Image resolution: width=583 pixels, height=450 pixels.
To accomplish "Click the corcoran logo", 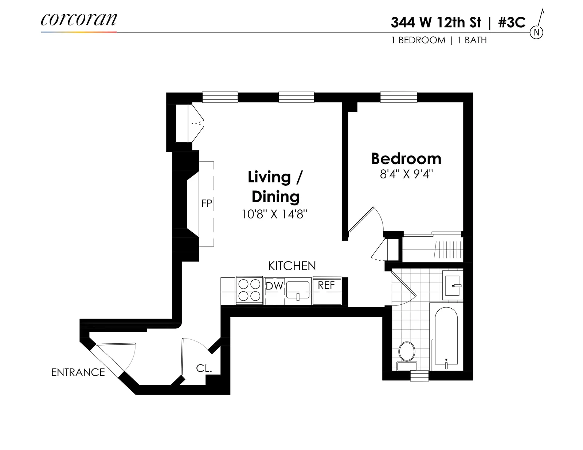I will click(x=79, y=20).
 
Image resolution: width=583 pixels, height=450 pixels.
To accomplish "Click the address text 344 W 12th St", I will click(x=436, y=23).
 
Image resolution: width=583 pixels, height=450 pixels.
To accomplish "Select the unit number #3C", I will click(x=512, y=23).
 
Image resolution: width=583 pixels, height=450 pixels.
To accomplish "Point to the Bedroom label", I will click(x=406, y=159).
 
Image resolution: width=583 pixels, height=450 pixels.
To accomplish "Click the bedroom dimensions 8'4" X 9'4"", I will click(x=406, y=174).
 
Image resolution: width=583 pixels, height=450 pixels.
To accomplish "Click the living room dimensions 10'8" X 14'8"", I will click(x=274, y=214).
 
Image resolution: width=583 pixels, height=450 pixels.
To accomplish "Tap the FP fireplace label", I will click(x=207, y=203).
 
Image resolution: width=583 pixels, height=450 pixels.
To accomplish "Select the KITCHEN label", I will click(x=292, y=266).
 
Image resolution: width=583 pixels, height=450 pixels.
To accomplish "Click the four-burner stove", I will click(x=249, y=291).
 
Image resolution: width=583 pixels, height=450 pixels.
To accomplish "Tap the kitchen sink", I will click(x=298, y=291).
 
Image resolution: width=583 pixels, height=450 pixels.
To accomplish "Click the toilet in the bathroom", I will click(x=407, y=353).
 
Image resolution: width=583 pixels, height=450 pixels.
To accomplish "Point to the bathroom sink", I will click(x=453, y=285).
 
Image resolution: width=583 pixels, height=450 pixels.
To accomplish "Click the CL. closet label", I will click(x=204, y=368).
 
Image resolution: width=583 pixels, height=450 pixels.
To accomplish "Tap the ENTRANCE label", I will click(x=78, y=372).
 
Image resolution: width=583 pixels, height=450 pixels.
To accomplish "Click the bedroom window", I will click(x=399, y=97).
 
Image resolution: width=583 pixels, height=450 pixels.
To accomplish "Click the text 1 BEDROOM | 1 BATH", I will click(x=439, y=40).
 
